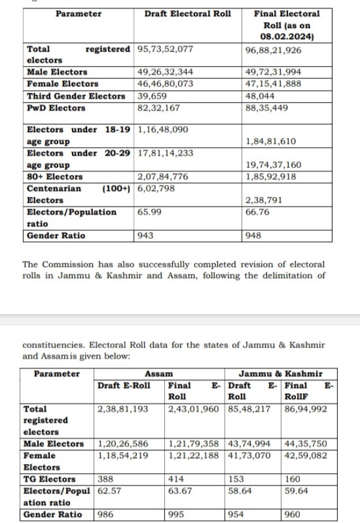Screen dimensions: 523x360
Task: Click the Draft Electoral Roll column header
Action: coord(187,14)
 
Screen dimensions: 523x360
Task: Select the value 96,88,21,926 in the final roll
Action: coord(274,50)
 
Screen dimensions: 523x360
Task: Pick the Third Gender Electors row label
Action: coord(76,96)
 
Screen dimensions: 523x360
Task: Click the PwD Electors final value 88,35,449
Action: coord(266,108)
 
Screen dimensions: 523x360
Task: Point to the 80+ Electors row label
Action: coord(55,177)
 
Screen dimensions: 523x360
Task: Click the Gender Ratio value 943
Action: coord(145,235)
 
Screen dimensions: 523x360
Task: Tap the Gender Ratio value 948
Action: coord(254,235)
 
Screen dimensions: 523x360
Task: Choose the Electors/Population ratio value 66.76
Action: coord(256,212)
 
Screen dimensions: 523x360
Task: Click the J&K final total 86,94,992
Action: coord(305,409)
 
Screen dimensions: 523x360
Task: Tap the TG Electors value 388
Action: coord(105,479)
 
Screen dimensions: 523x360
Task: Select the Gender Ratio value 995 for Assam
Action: coord(177,515)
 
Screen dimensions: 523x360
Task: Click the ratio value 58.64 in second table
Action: coord(239,491)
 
